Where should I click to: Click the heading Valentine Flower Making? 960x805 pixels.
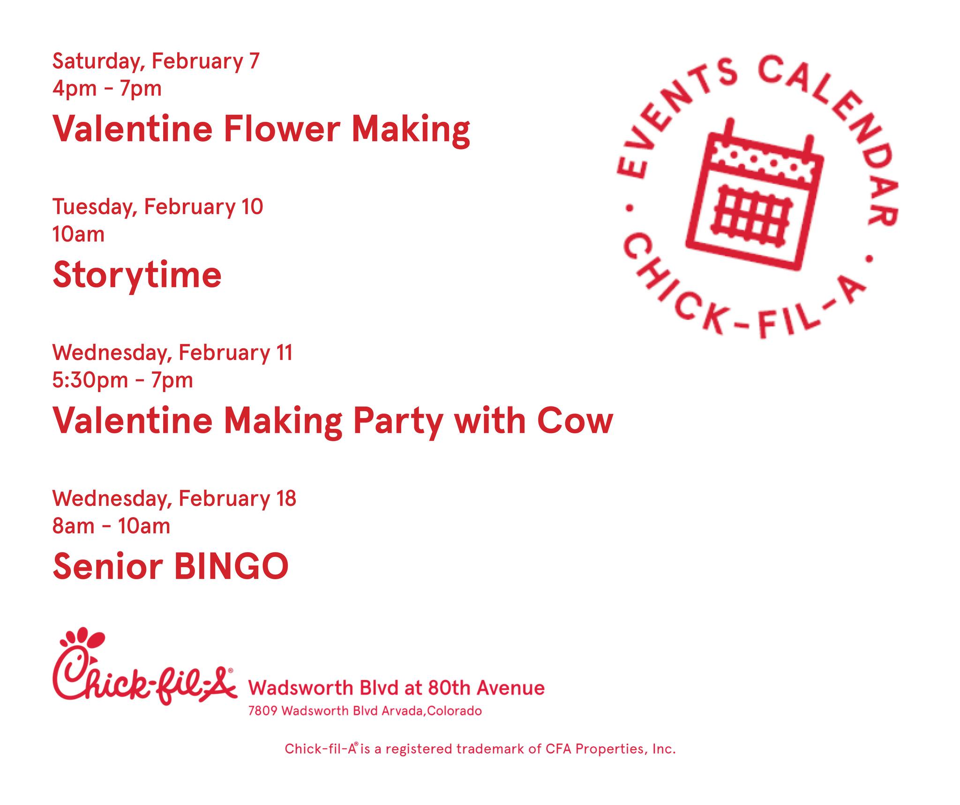click(261, 129)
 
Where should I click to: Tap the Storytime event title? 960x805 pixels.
click(137, 276)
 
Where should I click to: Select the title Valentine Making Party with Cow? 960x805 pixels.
click(333, 421)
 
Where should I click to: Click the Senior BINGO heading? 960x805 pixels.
click(171, 566)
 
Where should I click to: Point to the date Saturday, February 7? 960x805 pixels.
click(156, 62)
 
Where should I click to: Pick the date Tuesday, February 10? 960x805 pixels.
click(157, 207)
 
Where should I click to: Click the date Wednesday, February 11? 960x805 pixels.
click(172, 353)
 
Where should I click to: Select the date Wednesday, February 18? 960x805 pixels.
click(174, 498)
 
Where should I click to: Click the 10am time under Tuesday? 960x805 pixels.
click(78, 234)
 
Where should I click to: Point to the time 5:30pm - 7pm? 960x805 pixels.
click(123, 380)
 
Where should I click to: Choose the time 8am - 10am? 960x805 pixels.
click(111, 526)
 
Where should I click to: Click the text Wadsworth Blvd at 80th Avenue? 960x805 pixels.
click(396, 688)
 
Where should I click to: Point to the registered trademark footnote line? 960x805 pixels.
click(480, 749)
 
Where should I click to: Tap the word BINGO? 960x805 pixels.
click(232, 566)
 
